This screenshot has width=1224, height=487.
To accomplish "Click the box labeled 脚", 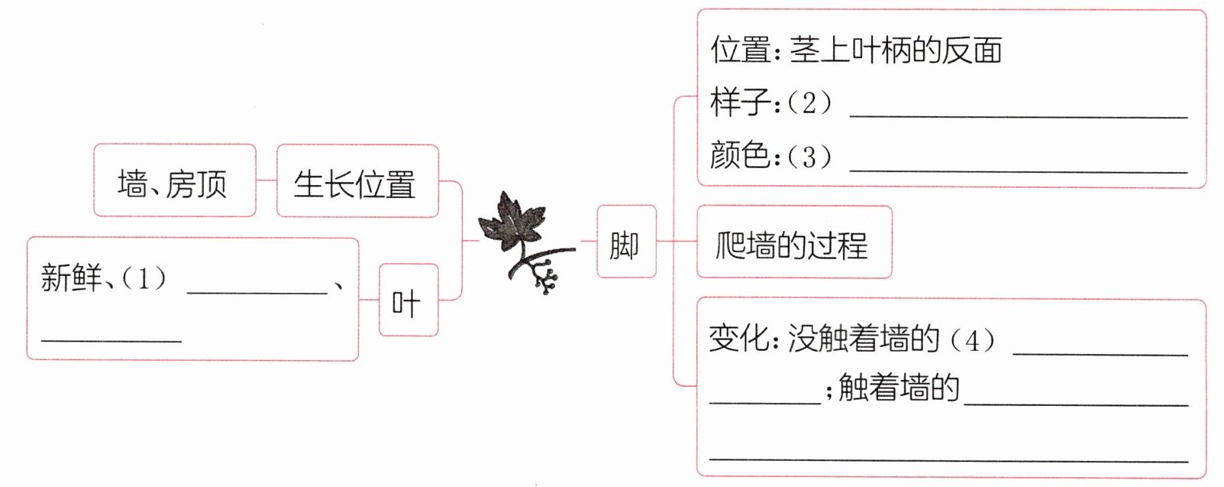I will (625, 242).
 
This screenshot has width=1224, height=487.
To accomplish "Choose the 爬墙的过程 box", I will (793, 243).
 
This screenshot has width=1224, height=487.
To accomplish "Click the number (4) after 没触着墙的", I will (972, 339).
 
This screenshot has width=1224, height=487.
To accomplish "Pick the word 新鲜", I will (71, 277).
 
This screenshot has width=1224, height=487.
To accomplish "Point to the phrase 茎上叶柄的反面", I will (896, 50).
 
